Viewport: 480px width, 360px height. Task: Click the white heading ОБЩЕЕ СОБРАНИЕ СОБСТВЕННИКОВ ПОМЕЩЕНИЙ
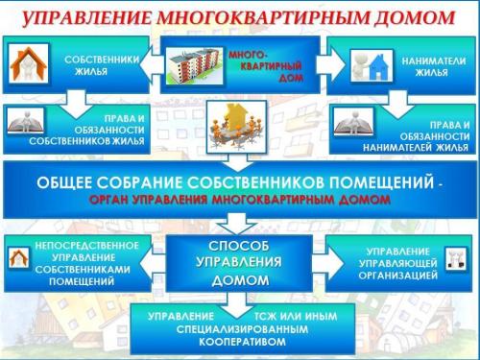(x=227, y=181)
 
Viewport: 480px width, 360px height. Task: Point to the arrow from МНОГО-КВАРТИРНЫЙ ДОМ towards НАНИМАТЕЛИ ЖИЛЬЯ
(x=325, y=59)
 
